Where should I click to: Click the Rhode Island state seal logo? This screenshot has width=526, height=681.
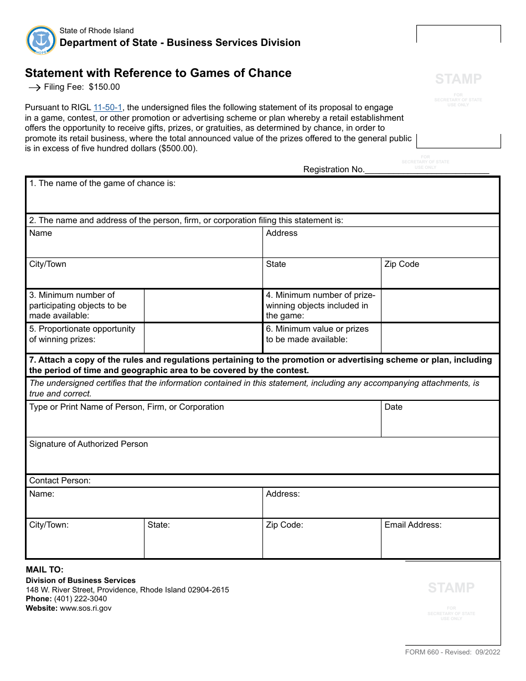[41, 40]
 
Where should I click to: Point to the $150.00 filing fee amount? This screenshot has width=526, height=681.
[104, 87]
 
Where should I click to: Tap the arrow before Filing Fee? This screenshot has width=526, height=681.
[34, 87]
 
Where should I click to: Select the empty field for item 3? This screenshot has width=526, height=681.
[203, 305]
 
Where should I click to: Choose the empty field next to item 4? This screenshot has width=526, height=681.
[440, 305]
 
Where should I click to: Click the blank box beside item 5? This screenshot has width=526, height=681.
[203, 338]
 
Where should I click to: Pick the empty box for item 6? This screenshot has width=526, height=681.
[440, 338]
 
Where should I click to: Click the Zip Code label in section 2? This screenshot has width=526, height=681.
[401, 264]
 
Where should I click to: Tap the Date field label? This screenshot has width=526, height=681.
[393, 407]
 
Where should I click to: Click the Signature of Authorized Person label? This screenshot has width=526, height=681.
[89, 444]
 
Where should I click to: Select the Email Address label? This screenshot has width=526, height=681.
[412, 525]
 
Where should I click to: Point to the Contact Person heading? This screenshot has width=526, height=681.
[60, 481]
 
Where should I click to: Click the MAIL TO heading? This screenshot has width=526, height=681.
[45, 569]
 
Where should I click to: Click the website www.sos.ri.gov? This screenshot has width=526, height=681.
[85, 608]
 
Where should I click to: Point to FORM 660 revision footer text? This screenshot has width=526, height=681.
[452, 652]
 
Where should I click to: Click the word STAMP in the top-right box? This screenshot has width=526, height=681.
[458, 79]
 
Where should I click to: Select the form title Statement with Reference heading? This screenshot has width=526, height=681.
[158, 73]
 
